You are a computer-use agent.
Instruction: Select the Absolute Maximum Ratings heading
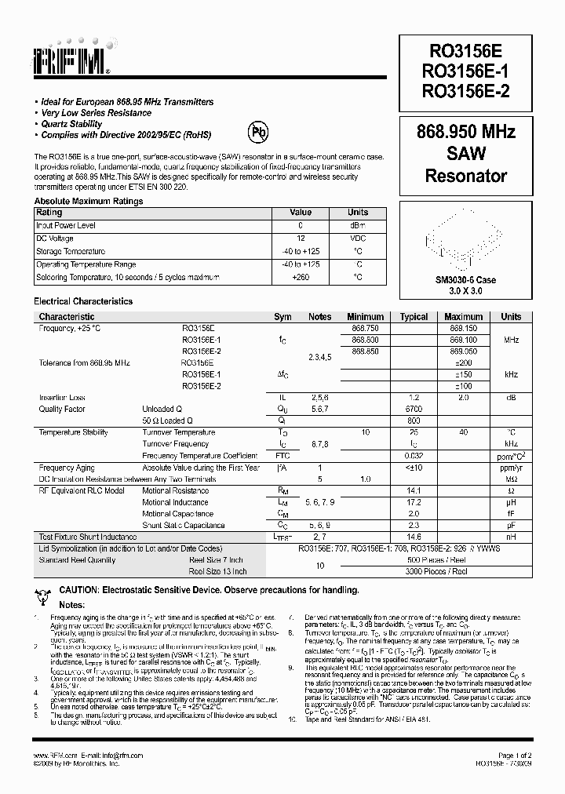pyautogui.click(x=88, y=201)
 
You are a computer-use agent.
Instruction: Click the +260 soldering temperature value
pyautogui.click(x=301, y=277)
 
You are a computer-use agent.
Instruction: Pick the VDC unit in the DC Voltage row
pyautogui.click(x=358, y=239)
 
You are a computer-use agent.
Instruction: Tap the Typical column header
pyautogui.click(x=414, y=317)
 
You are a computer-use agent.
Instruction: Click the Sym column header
pyautogui.click(x=282, y=317)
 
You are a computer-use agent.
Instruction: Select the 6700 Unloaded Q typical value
pyautogui.click(x=414, y=410)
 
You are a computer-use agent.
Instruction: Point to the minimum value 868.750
pyautogui.click(x=365, y=328)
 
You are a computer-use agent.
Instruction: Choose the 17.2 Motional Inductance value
pyautogui.click(x=414, y=502)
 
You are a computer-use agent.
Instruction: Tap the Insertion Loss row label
pyautogui.click(x=62, y=398)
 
